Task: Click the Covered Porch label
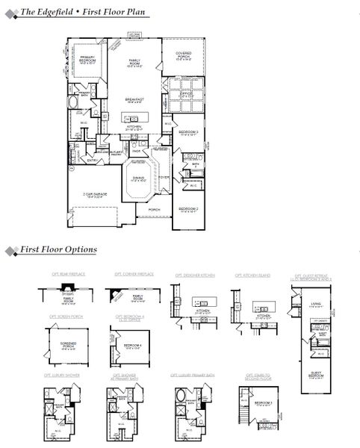click(184, 55)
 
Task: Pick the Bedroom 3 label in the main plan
click(188, 133)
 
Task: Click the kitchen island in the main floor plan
click(134, 117)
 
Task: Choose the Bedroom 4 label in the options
click(132, 345)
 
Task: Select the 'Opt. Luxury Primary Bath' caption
click(191, 376)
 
